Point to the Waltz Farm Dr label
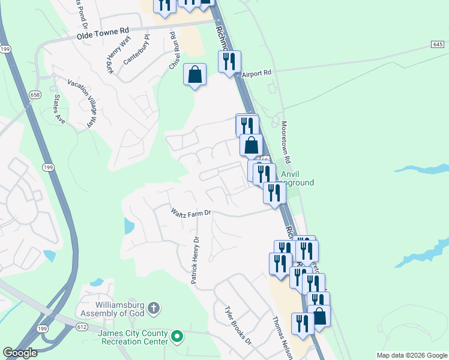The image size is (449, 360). click(x=191, y=212)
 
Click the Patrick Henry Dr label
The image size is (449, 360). click(x=194, y=260)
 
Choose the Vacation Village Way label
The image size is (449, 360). click(x=82, y=103)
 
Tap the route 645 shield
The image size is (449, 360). click(x=436, y=44)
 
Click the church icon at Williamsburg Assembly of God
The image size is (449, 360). click(x=154, y=309)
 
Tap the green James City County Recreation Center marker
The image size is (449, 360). click(x=177, y=336)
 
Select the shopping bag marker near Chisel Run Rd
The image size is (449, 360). click(x=194, y=75)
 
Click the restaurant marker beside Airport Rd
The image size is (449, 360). click(x=229, y=62)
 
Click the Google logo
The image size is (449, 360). click(x=19, y=353)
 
